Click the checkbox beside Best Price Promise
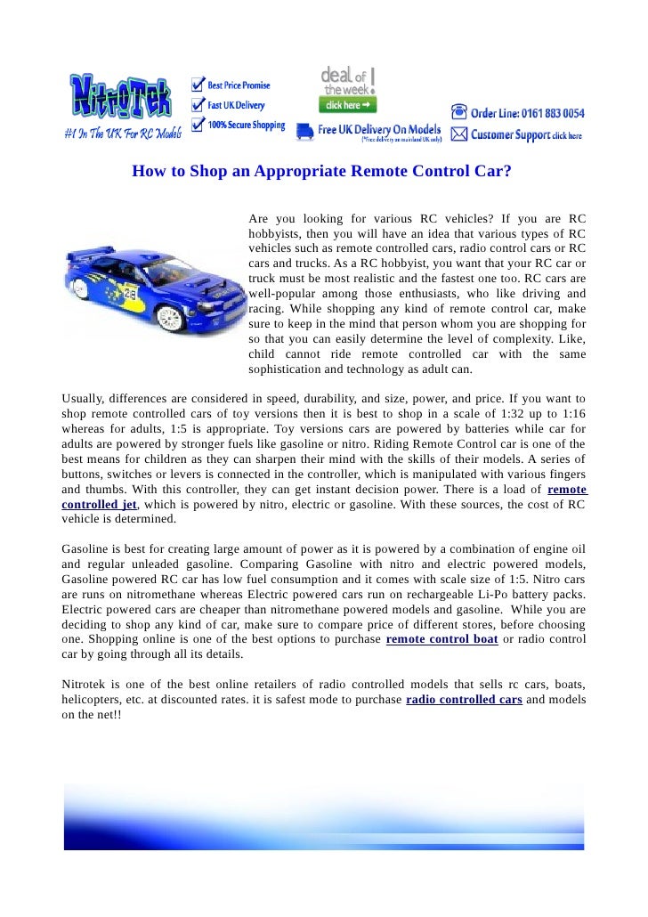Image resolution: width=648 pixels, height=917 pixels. (197, 85)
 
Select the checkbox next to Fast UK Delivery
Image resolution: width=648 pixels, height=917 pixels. (197, 106)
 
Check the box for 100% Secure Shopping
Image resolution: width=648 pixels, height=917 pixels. (197, 126)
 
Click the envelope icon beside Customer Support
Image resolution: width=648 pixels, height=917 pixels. (458, 135)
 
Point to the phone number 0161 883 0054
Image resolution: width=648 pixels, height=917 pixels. (553, 114)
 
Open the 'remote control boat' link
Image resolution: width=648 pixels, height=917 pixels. (441, 639)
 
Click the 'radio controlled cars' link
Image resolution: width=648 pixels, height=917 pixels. (464, 700)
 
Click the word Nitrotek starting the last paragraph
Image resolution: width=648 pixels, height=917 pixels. (87, 685)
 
